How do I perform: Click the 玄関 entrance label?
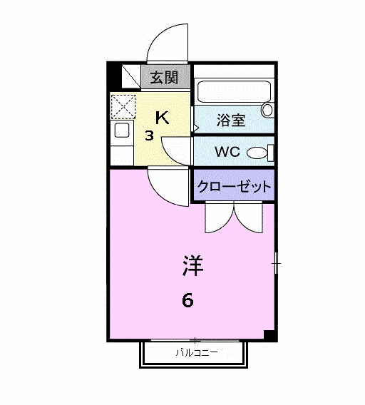[x=165, y=78]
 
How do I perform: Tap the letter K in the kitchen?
[x=163, y=118]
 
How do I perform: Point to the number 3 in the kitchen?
[x=149, y=136]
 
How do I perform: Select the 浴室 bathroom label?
[x=231, y=120]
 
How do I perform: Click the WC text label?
[x=227, y=152]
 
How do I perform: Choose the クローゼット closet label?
[x=234, y=186]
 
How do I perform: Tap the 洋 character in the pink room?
[x=193, y=265]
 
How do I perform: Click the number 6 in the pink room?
[x=187, y=300]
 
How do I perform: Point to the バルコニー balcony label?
[x=197, y=352]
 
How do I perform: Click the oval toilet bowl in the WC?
[x=257, y=153]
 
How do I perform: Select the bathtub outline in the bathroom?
[x=234, y=91]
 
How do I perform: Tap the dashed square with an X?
[x=123, y=107]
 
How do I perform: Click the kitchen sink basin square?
[x=122, y=130]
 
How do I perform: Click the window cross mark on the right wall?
[x=277, y=263]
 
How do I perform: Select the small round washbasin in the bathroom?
[x=267, y=110]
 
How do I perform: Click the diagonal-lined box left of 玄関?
[x=131, y=76]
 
